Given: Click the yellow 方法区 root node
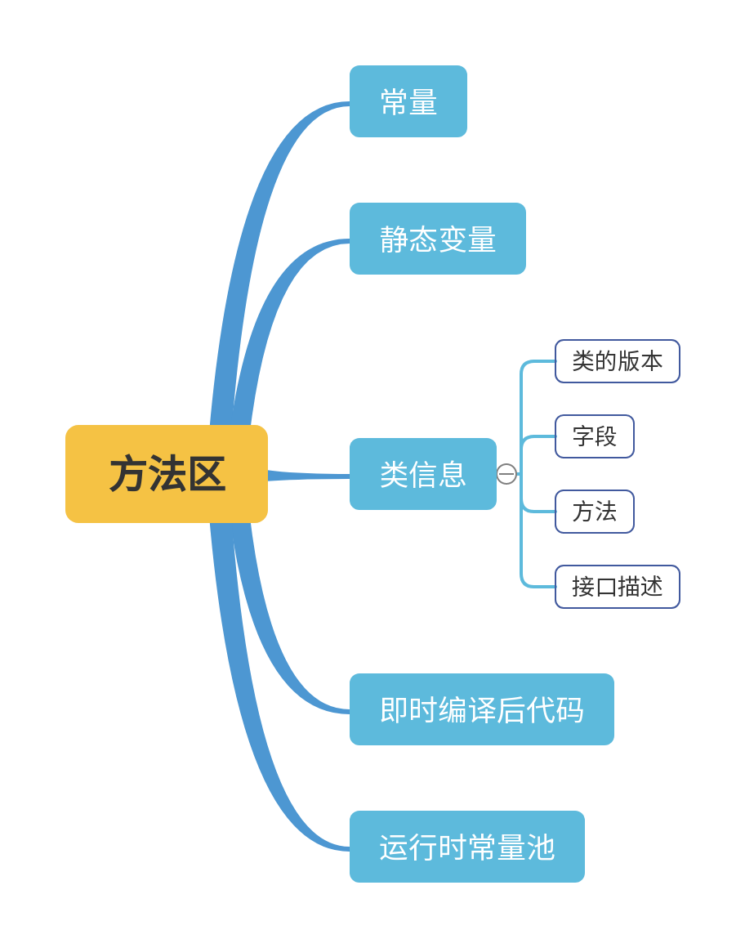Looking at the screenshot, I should [167, 474].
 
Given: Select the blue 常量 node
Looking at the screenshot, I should [408, 101].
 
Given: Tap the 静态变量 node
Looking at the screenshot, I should [438, 239].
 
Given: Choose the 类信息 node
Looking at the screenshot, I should [423, 474].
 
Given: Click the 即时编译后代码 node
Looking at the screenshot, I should [482, 709].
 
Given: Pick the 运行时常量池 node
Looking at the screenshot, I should [467, 847].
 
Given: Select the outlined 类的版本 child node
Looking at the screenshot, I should [618, 361].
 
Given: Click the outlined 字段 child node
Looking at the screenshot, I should [595, 436].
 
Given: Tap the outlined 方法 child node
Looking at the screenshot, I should [595, 512].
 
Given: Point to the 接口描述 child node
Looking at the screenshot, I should [618, 587].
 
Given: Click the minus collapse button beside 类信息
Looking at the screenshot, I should [506, 474].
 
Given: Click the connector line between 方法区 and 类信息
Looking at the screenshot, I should [310, 476].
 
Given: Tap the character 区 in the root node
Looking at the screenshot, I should [207, 474].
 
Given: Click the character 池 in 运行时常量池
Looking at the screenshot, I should [541, 847].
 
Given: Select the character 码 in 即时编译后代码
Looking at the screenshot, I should [569, 709].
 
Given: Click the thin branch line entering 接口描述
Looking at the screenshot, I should [538, 586].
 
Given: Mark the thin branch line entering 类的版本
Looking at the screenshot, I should [538, 362].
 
